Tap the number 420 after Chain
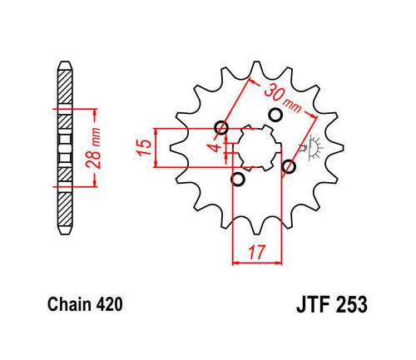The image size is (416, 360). coord(109,304)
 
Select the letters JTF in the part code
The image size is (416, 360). coord(314,304)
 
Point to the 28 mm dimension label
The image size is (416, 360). coord(93,147)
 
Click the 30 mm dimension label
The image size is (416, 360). coord(282,98)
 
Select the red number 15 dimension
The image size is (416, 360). coord(144,147)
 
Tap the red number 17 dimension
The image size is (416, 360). coord(257,252)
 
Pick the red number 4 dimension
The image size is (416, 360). coord(216,148)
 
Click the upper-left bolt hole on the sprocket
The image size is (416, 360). coord(221,128)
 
